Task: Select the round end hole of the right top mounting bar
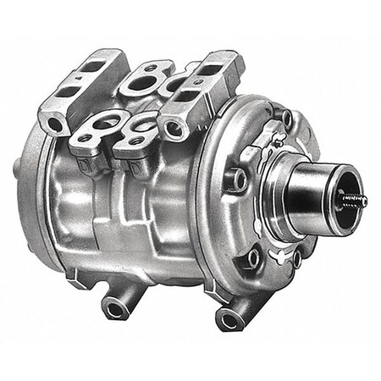tap(176, 129)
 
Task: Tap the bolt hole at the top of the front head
tap(285, 118)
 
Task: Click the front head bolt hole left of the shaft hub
tap(236, 179)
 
